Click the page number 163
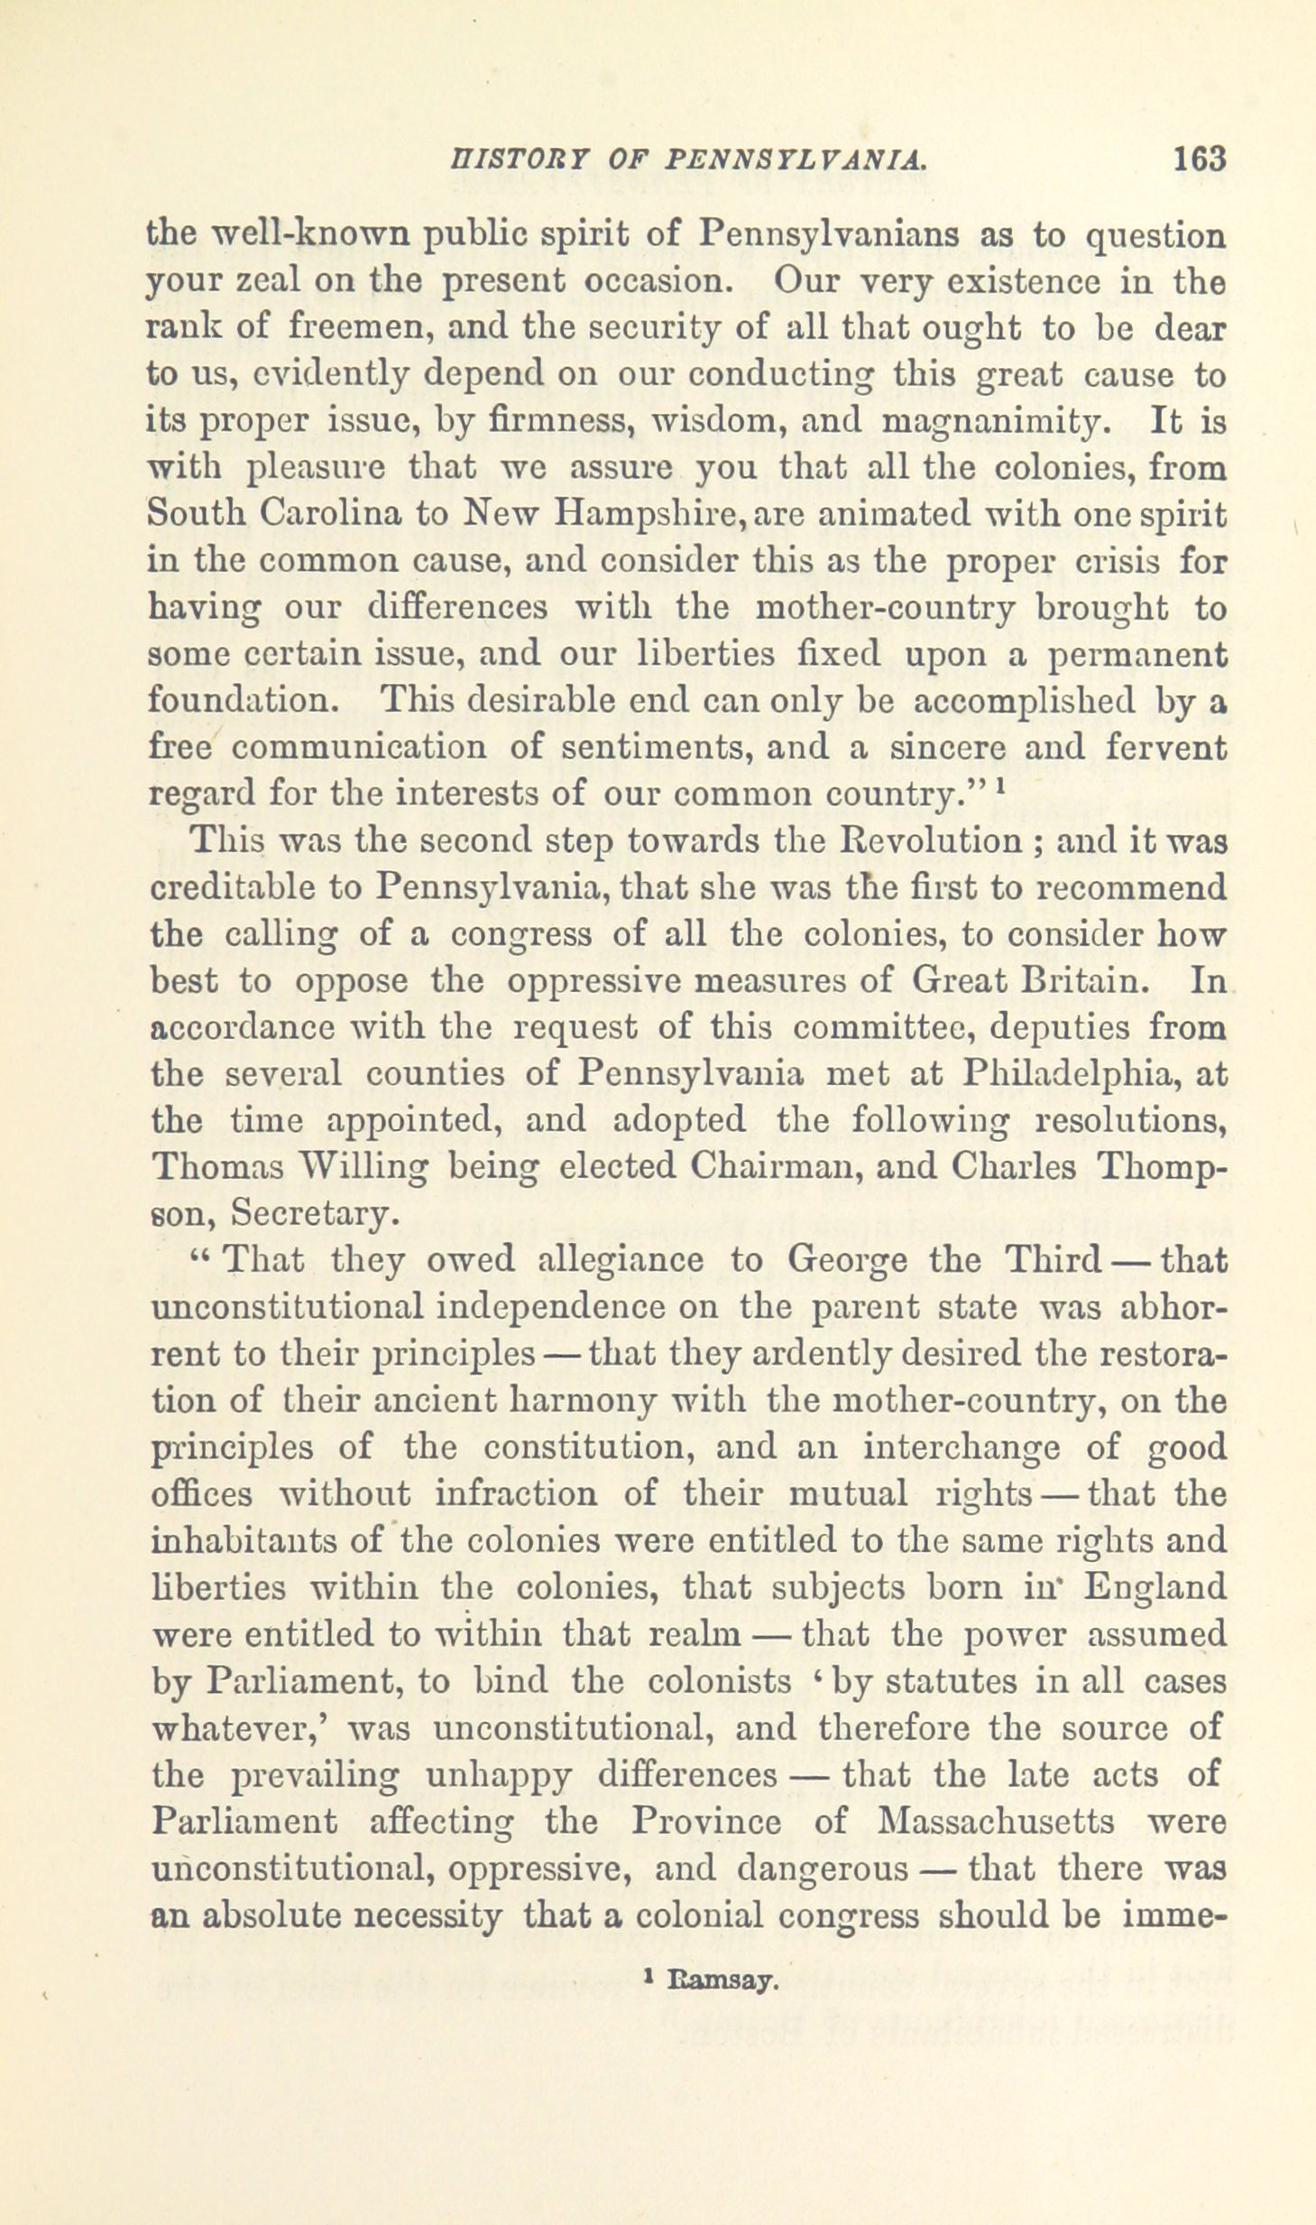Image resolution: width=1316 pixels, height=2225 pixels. click(x=1199, y=160)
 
